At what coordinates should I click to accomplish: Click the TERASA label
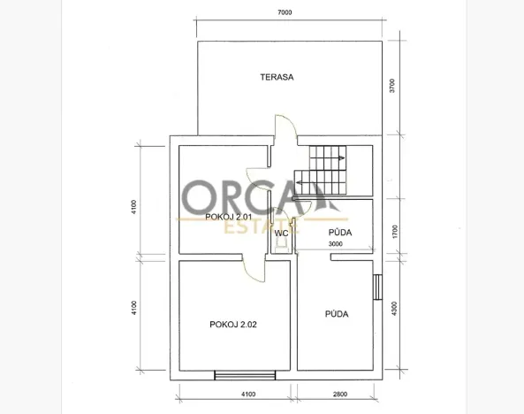pos(277,77)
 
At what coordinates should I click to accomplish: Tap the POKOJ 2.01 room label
pos(229,217)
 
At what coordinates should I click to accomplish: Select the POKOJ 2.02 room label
pos(234,324)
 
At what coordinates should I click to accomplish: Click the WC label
pos(281,234)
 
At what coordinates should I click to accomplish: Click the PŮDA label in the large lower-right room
pos(335,313)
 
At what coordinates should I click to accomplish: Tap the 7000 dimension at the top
pos(284,13)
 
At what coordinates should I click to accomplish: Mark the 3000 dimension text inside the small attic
pos(336,244)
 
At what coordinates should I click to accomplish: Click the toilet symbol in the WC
pos(281,249)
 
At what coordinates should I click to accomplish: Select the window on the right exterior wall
pos(377,287)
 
